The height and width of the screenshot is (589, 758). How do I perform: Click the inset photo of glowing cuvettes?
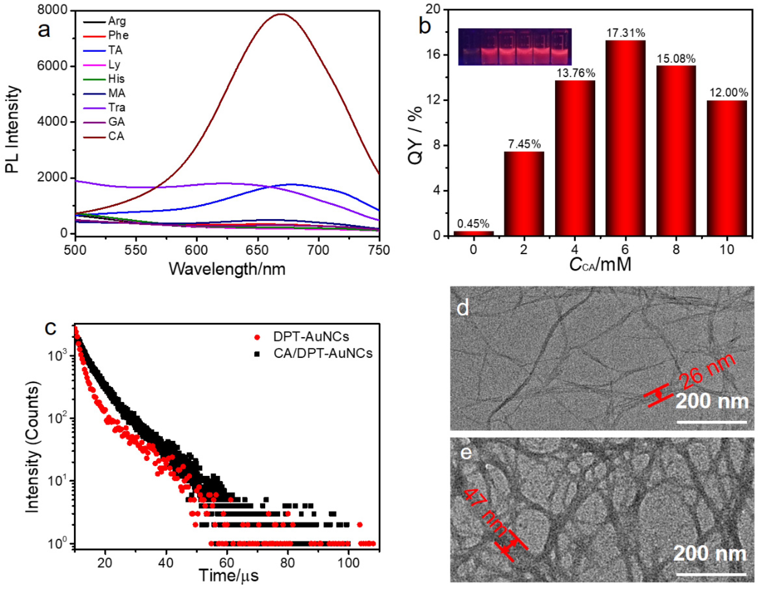(515, 47)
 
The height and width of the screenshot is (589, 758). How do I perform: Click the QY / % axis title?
(415, 135)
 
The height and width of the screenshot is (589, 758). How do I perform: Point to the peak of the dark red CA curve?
(281, 14)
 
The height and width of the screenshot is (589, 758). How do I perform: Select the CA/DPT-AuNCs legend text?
(323, 354)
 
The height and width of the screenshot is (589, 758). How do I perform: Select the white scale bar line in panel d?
(711, 422)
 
